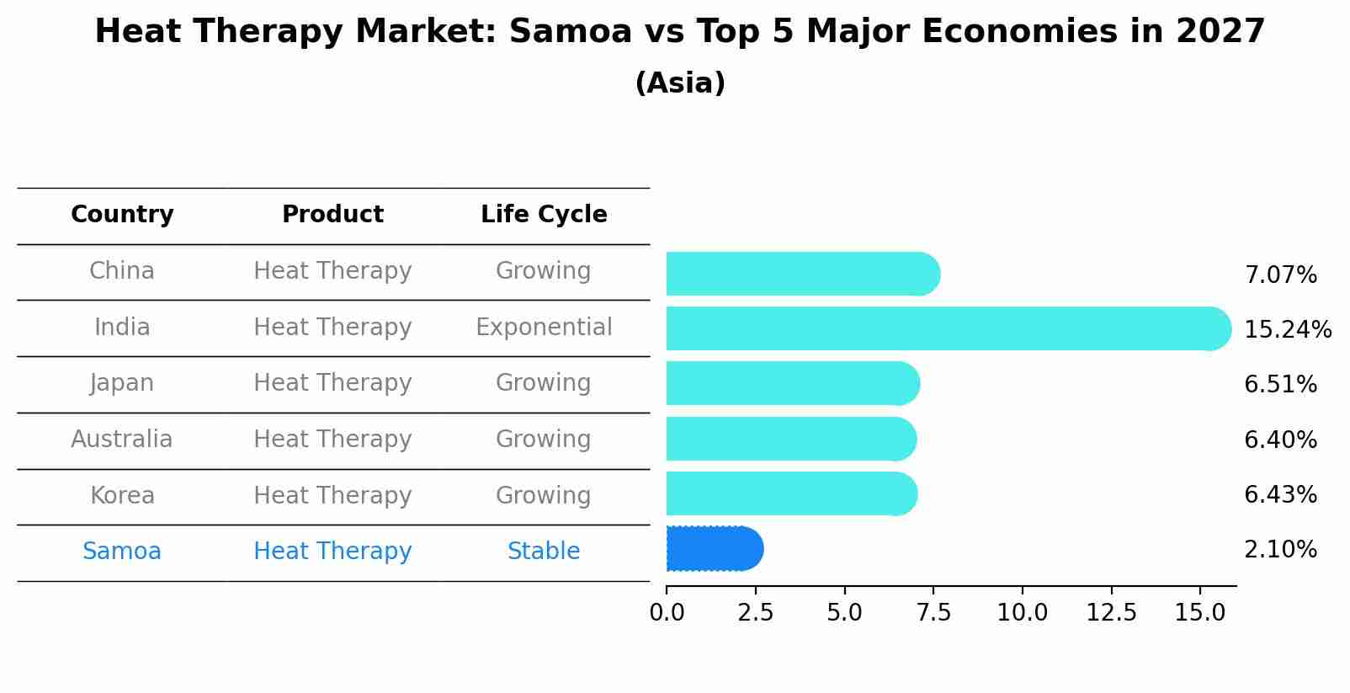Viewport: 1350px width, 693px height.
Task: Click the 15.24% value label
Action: point(1287,329)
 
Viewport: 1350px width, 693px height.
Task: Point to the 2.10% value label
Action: point(1280,550)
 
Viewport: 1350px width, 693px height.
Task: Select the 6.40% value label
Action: point(1280,440)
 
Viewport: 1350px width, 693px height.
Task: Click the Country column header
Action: point(122,215)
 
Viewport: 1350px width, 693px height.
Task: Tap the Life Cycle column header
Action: point(544,215)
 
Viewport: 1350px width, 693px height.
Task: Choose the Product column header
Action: point(332,215)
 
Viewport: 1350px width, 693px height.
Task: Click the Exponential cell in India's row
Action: point(544,327)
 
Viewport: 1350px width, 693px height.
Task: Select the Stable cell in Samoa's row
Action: point(544,552)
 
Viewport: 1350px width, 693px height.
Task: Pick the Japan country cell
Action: point(122,383)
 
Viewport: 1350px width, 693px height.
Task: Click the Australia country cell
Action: point(122,440)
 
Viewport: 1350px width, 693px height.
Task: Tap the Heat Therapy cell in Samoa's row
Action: point(332,552)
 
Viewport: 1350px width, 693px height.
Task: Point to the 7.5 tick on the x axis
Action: point(933,612)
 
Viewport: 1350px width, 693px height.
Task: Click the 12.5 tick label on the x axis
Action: point(1111,612)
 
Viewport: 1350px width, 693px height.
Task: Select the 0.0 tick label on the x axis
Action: point(667,612)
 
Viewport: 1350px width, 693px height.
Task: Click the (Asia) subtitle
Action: point(680,83)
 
